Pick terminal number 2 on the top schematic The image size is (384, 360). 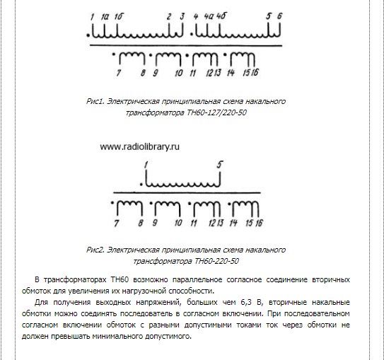click(x=168, y=15)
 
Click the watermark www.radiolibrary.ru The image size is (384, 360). click(x=139, y=147)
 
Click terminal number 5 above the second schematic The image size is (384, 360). click(x=221, y=165)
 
